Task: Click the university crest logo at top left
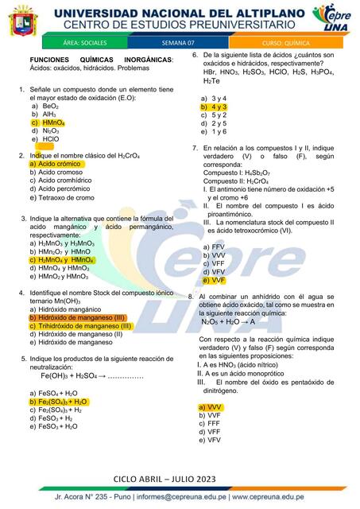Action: point(24,21)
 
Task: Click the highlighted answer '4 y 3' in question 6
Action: point(215,107)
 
